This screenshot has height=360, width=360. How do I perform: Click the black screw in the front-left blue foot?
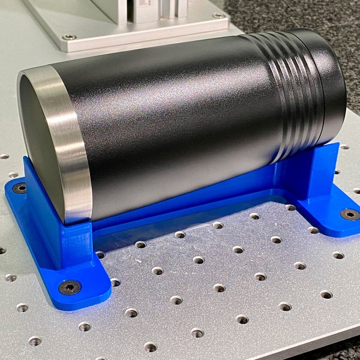tap(70, 287)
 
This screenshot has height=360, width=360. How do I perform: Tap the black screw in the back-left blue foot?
tap(19, 188)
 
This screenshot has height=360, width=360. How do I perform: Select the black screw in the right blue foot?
tap(349, 214)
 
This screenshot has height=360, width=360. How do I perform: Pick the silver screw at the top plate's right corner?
tap(217, 16)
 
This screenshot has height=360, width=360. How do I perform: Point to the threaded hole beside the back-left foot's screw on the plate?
tap(13, 175)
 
